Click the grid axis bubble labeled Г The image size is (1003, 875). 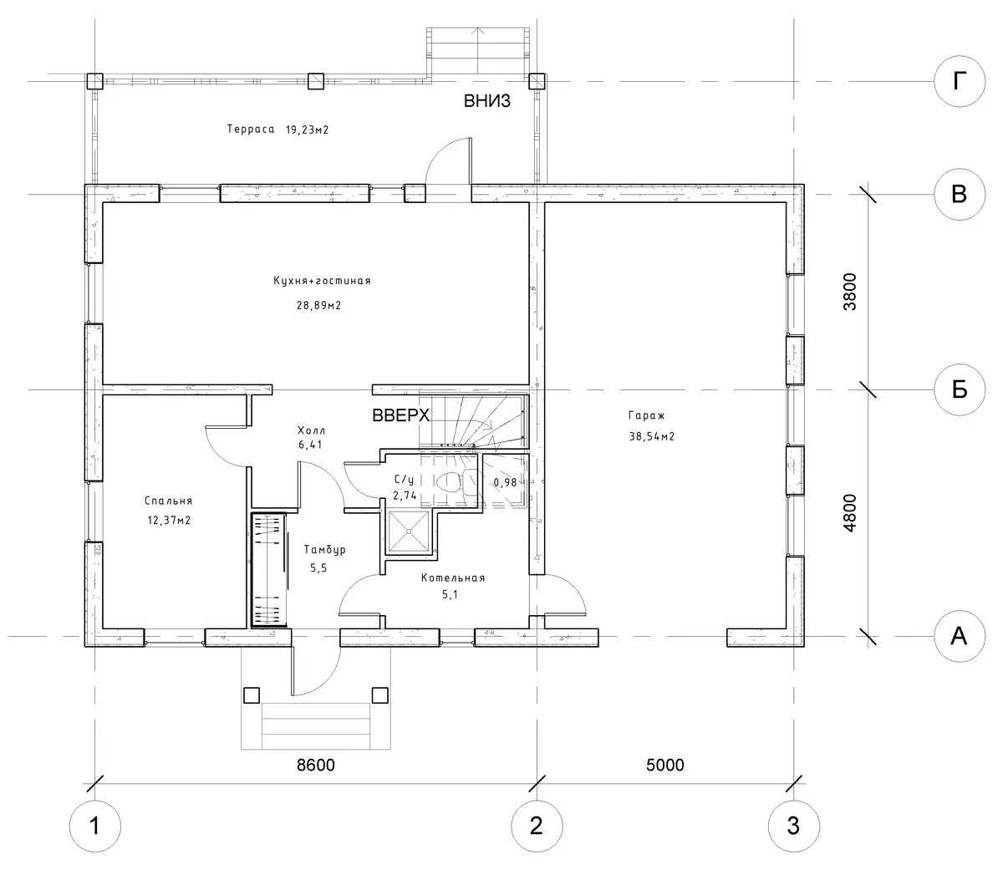pyautogui.click(x=959, y=81)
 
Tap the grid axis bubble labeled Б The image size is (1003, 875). pyautogui.click(x=959, y=389)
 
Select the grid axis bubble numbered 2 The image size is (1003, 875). pyautogui.click(x=537, y=826)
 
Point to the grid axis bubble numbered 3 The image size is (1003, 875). pyautogui.click(x=793, y=826)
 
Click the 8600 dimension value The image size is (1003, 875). pyautogui.click(x=316, y=765)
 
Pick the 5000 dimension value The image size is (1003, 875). pyautogui.click(x=664, y=765)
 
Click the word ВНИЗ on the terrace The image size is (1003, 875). pyautogui.click(x=486, y=101)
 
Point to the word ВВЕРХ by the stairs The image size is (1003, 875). pyautogui.click(x=400, y=415)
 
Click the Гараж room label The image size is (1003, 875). pyautogui.click(x=647, y=415)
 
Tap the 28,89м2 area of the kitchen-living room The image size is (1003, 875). pyautogui.click(x=318, y=305)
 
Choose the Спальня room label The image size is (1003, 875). pyautogui.click(x=169, y=501)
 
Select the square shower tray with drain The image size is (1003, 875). pyautogui.click(x=409, y=532)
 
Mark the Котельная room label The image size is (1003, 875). pyautogui.click(x=453, y=578)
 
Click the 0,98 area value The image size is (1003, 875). pyautogui.click(x=505, y=482)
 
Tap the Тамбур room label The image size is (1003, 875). pyautogui.click(x=324, y=550)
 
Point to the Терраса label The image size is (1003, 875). pyautogui.click(x=251, y=129)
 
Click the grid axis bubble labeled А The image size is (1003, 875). pyautogui.click(x=959, y=636)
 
